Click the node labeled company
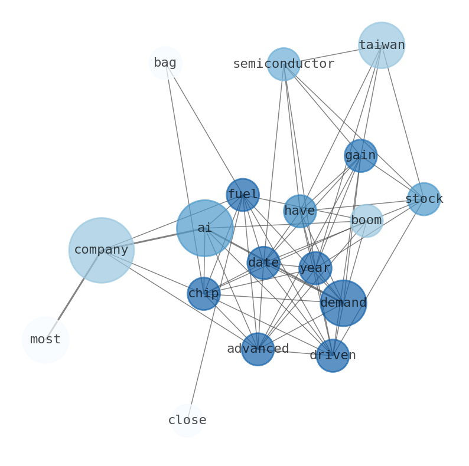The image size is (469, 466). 101,250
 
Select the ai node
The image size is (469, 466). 204,228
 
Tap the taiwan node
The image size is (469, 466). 381,45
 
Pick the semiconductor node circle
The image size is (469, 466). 284,64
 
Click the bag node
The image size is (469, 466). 165,63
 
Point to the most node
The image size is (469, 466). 45,340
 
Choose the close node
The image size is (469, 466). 187,421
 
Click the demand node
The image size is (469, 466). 343,303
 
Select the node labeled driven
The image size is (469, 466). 333,355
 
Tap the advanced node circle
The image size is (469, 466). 258,349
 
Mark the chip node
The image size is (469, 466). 204,294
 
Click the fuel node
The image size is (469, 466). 243,195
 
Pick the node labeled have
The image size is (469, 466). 300,211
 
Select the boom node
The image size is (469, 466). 367,221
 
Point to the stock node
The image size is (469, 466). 424,199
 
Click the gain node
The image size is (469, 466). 360,156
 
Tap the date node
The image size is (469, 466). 263,263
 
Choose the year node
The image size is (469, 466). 315,268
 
